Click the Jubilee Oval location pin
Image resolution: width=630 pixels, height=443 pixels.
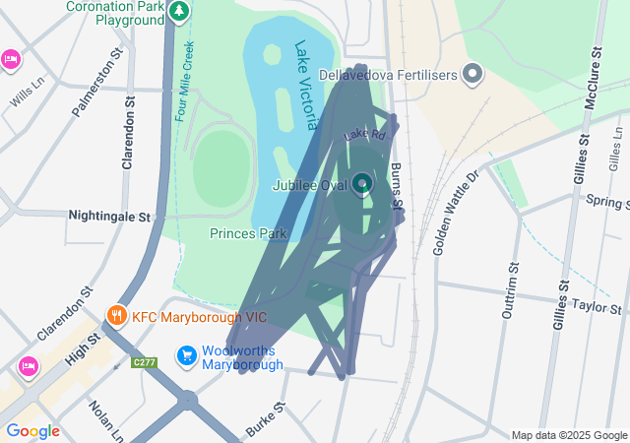coord(362,184)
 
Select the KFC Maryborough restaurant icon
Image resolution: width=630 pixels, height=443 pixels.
coord(116,316)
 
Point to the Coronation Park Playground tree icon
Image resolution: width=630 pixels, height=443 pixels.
coord(178,12)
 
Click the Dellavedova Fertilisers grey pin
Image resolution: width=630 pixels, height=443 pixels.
coord(473,74)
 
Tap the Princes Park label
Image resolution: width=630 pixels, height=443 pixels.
coord(247,234)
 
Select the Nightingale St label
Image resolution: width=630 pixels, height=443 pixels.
coord(108,215)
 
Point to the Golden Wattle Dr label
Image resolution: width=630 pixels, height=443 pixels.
coord(455,211)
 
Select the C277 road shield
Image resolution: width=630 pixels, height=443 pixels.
coord(145,363)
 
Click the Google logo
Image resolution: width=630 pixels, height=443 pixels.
coord(32,431)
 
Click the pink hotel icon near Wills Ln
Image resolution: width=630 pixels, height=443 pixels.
coord(10,59)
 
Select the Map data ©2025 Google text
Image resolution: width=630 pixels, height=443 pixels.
coord(568,435)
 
